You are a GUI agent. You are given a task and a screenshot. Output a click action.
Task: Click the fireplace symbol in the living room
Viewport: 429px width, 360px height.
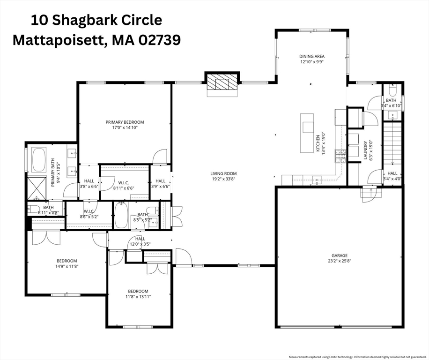pyautogui.click(x=222, y=82)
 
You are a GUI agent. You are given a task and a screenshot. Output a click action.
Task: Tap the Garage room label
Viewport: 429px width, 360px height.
pyautogui.click(x=340, y=255)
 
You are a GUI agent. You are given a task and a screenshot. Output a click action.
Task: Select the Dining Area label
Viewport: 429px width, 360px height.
pyautogui.click(x=312, y=56)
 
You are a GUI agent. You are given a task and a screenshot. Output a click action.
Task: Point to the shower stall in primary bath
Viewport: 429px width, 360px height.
pyautogui.click(x=37, y=188)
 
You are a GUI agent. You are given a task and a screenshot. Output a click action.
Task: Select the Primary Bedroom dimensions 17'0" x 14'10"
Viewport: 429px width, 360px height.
pyautogui.click(x=125, y=127)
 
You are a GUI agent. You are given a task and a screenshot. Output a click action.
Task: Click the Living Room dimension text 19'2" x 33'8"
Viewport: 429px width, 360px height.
pyautogui.click(x=223, y=179)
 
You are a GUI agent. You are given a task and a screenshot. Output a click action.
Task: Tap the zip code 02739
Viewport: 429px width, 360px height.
pyautogui.click(x=160, y=40)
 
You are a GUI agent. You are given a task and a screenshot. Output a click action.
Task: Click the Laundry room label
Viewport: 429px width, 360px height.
pyautogui.click(x=365, y=150)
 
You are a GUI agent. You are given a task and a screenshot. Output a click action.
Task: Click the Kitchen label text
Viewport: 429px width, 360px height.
pyautogui.click(x=318, y=143)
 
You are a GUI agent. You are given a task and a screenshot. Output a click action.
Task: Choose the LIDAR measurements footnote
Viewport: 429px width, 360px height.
pyautogui.click(x=358, y=357)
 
